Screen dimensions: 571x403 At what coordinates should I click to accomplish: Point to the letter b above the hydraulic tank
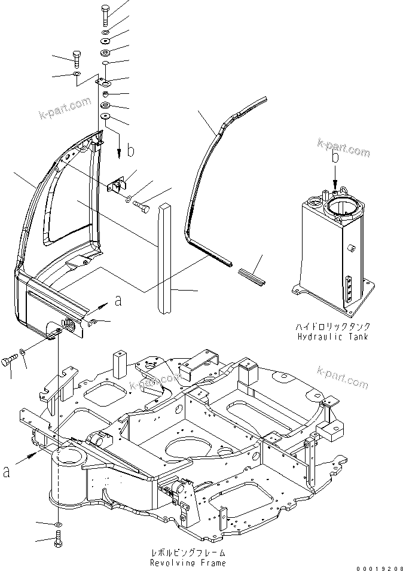(335, 157)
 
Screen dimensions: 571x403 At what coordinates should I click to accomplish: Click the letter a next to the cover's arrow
(118, 301)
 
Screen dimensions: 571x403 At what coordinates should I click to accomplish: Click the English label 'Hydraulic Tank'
(332, 337)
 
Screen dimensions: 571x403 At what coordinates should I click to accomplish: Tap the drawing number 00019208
(379, 566)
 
